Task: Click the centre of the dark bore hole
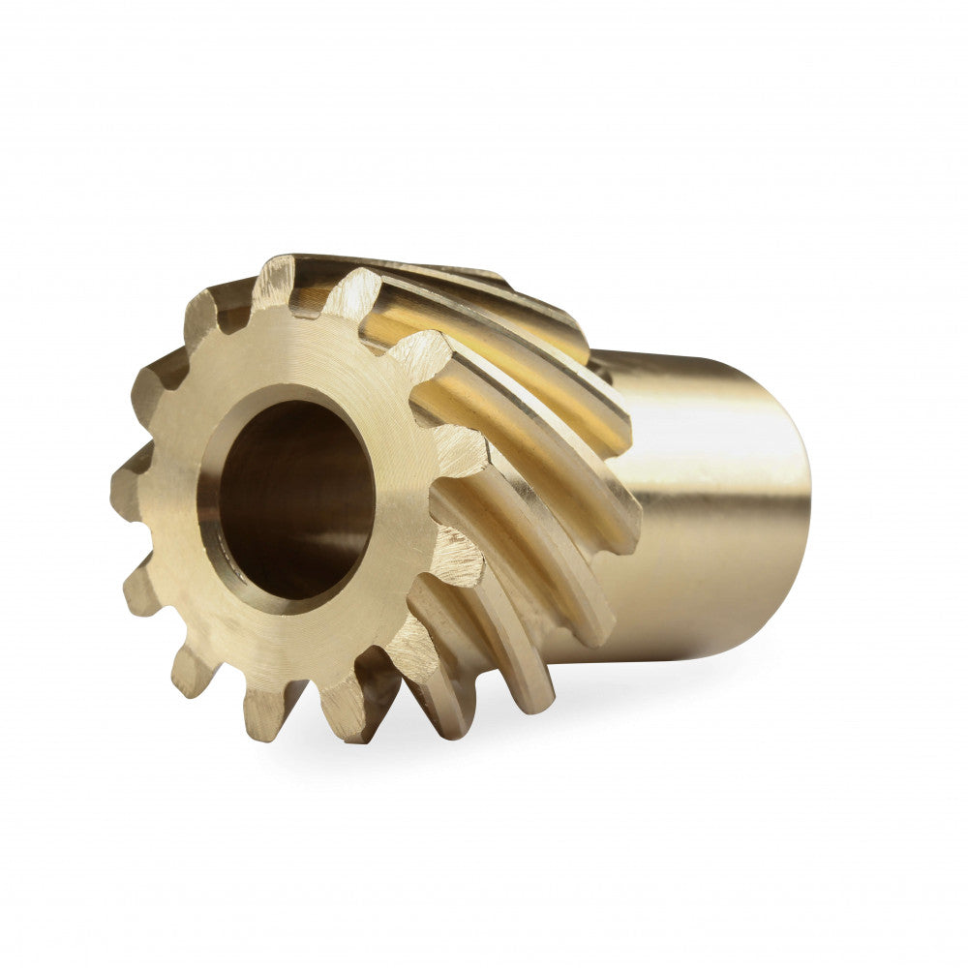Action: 290,503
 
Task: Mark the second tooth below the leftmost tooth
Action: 189,668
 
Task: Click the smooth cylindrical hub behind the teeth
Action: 716,503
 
